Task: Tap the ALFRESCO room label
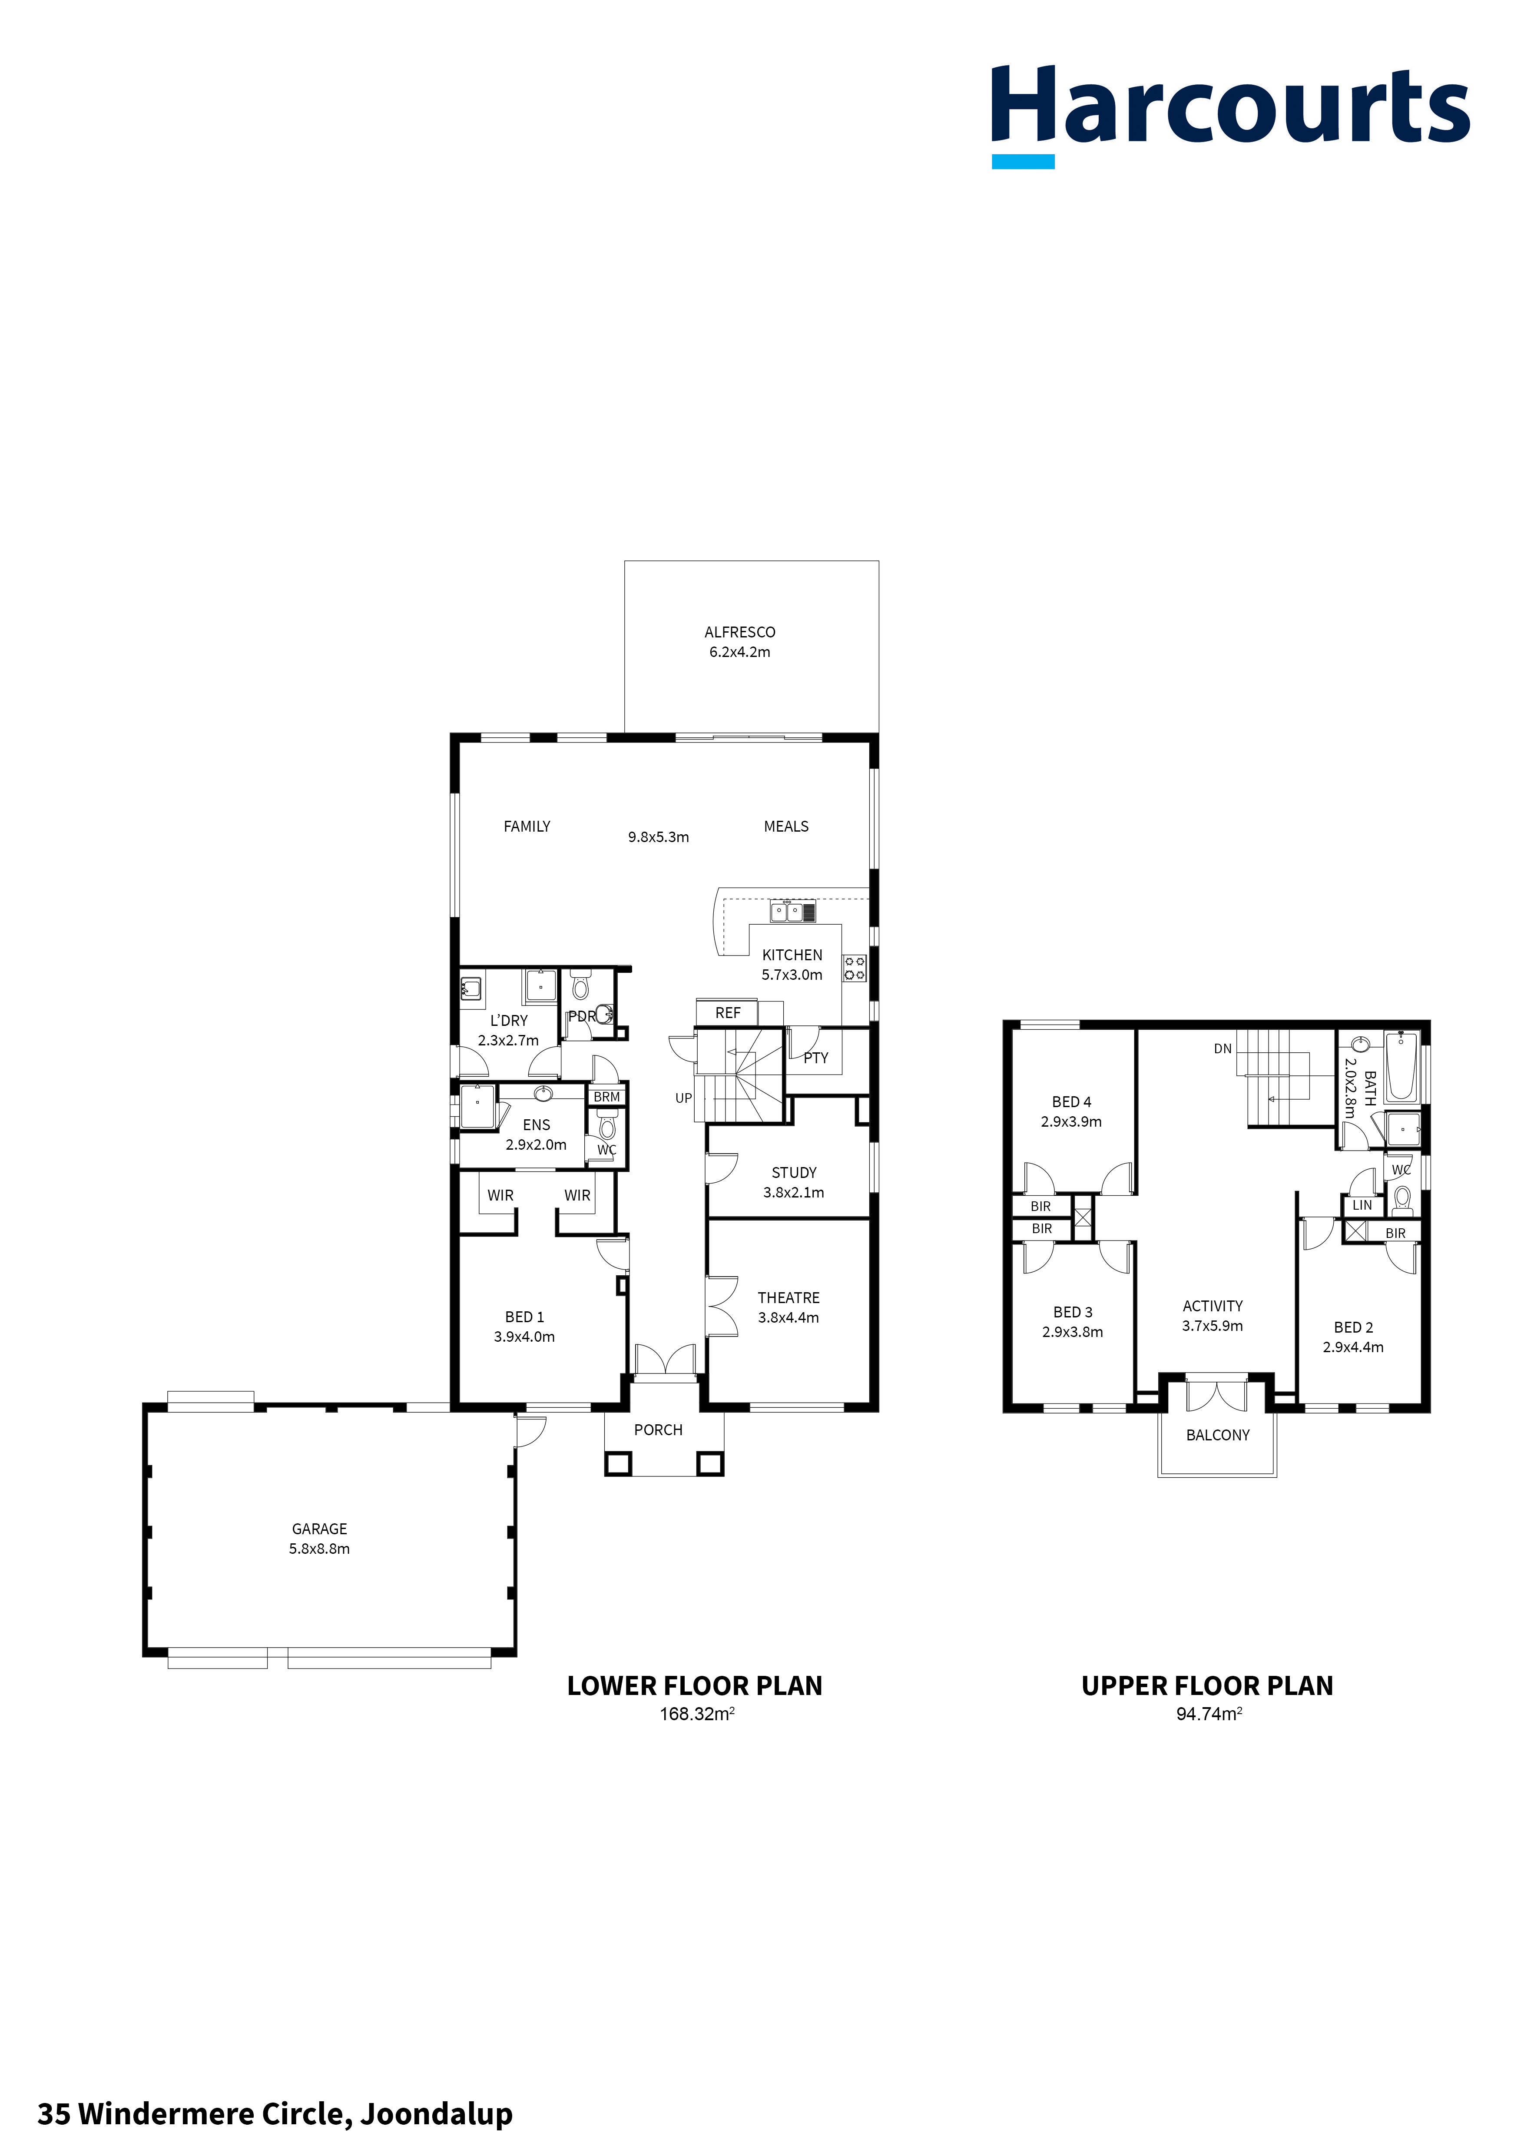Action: [x=740, y=632]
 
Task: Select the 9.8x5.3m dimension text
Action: [x=658, y=837]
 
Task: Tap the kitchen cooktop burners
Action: [x=855, y=968]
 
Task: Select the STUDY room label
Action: [x=793, y=1172]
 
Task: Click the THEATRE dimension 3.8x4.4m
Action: [x=789, y=1317]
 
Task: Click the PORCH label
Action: [x=658, y=1429]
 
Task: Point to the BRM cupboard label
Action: [x=606, y=1097]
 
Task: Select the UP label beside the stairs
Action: [x=684, y=1098]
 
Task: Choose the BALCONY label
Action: [x=1218, y=1435]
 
